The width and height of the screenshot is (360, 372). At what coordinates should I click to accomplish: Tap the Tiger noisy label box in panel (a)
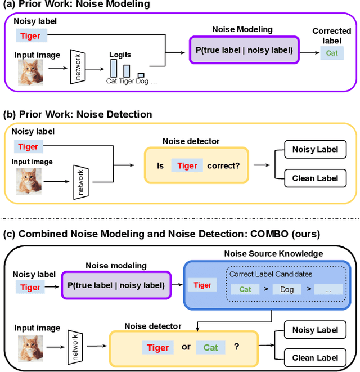coord(31,37)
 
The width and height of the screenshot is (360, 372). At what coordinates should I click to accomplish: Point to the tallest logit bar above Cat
coord(114,68)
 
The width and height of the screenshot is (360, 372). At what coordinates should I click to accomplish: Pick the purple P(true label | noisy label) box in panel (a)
coord(245,51)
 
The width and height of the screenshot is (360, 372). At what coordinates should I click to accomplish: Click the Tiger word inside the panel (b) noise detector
coord(187,165)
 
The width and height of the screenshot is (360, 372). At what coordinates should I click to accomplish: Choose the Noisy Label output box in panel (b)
coord(315,150)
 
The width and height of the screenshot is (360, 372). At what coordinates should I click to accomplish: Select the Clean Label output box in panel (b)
coord(315,178)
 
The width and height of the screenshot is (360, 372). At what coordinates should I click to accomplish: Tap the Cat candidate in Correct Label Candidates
coord(245,289)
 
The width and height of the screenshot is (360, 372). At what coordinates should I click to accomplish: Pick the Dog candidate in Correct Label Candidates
coord(287,289)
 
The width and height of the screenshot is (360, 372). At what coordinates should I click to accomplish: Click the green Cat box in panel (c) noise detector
coord(210,347)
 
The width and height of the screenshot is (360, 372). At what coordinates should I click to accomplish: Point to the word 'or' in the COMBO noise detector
coord(186,347)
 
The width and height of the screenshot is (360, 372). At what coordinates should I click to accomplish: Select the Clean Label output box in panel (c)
coord(315,357)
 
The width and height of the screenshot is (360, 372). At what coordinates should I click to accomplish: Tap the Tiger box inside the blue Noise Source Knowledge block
coord(202,285)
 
